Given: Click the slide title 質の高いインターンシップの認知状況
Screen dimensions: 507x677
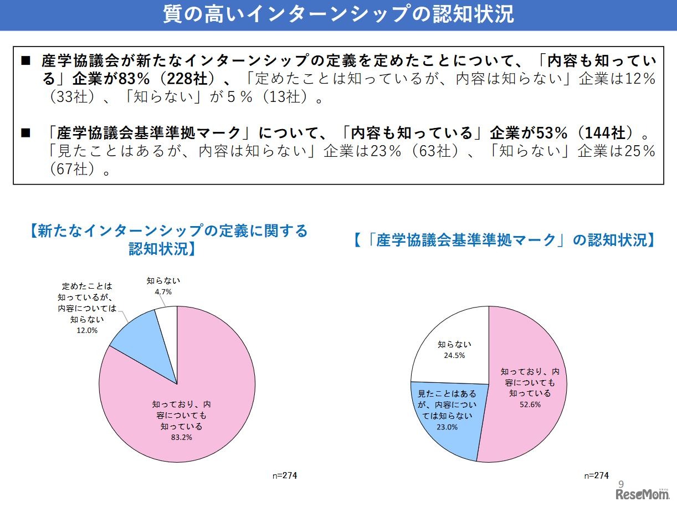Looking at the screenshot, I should pos(338,15).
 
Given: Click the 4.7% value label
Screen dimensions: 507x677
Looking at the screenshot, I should pos(163,291).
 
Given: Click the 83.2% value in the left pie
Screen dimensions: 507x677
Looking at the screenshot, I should pos(182,437).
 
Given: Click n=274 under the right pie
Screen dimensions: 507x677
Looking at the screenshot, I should pos(597,475).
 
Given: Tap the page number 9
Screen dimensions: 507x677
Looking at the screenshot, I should pos(621,483).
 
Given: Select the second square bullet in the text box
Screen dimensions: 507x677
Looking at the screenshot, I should pos(25,133).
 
